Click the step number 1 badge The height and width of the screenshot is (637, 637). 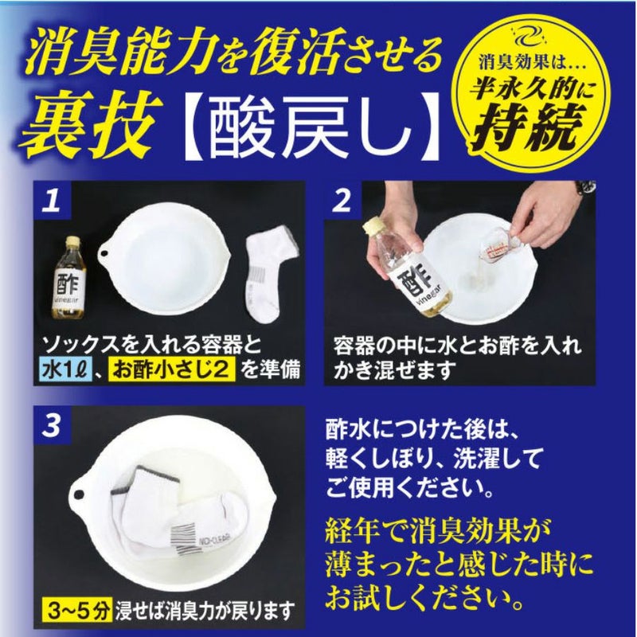(52, 200)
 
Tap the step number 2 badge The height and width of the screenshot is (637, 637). (342, 200)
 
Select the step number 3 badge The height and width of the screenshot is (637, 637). (52, 425)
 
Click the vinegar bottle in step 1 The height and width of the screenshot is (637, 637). (68, 278)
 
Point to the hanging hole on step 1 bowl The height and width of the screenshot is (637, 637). (105, 254)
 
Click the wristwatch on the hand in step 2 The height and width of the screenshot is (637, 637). (586, 188)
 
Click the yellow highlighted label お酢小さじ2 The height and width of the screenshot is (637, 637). (172, 370)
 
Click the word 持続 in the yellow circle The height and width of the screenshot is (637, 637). (529, 127)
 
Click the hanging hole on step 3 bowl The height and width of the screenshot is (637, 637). (78, 494)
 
